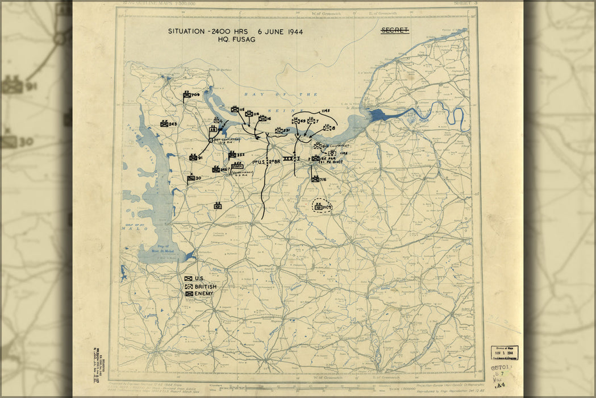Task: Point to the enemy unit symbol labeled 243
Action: (164, 123)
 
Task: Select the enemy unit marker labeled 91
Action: (193, 157)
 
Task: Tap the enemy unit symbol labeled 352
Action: (232, 155)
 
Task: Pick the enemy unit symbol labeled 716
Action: (315, 179)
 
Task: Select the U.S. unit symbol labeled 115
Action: (235, 109)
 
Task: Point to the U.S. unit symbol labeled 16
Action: (262, 118)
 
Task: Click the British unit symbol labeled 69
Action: (296, 121)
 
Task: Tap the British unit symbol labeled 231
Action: (279, 131)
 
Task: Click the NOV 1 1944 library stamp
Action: (504, 353)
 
